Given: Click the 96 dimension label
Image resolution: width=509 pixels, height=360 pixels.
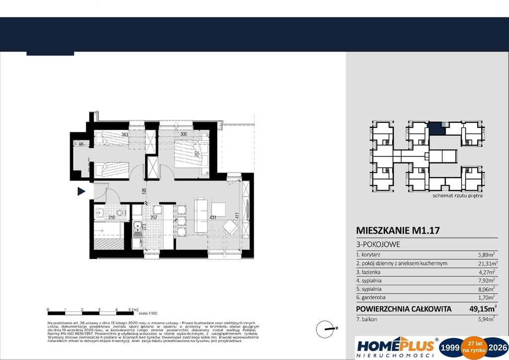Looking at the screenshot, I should (x=80, y=144).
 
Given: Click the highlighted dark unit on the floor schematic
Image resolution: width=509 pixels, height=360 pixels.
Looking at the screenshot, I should (x=436, y=129).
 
